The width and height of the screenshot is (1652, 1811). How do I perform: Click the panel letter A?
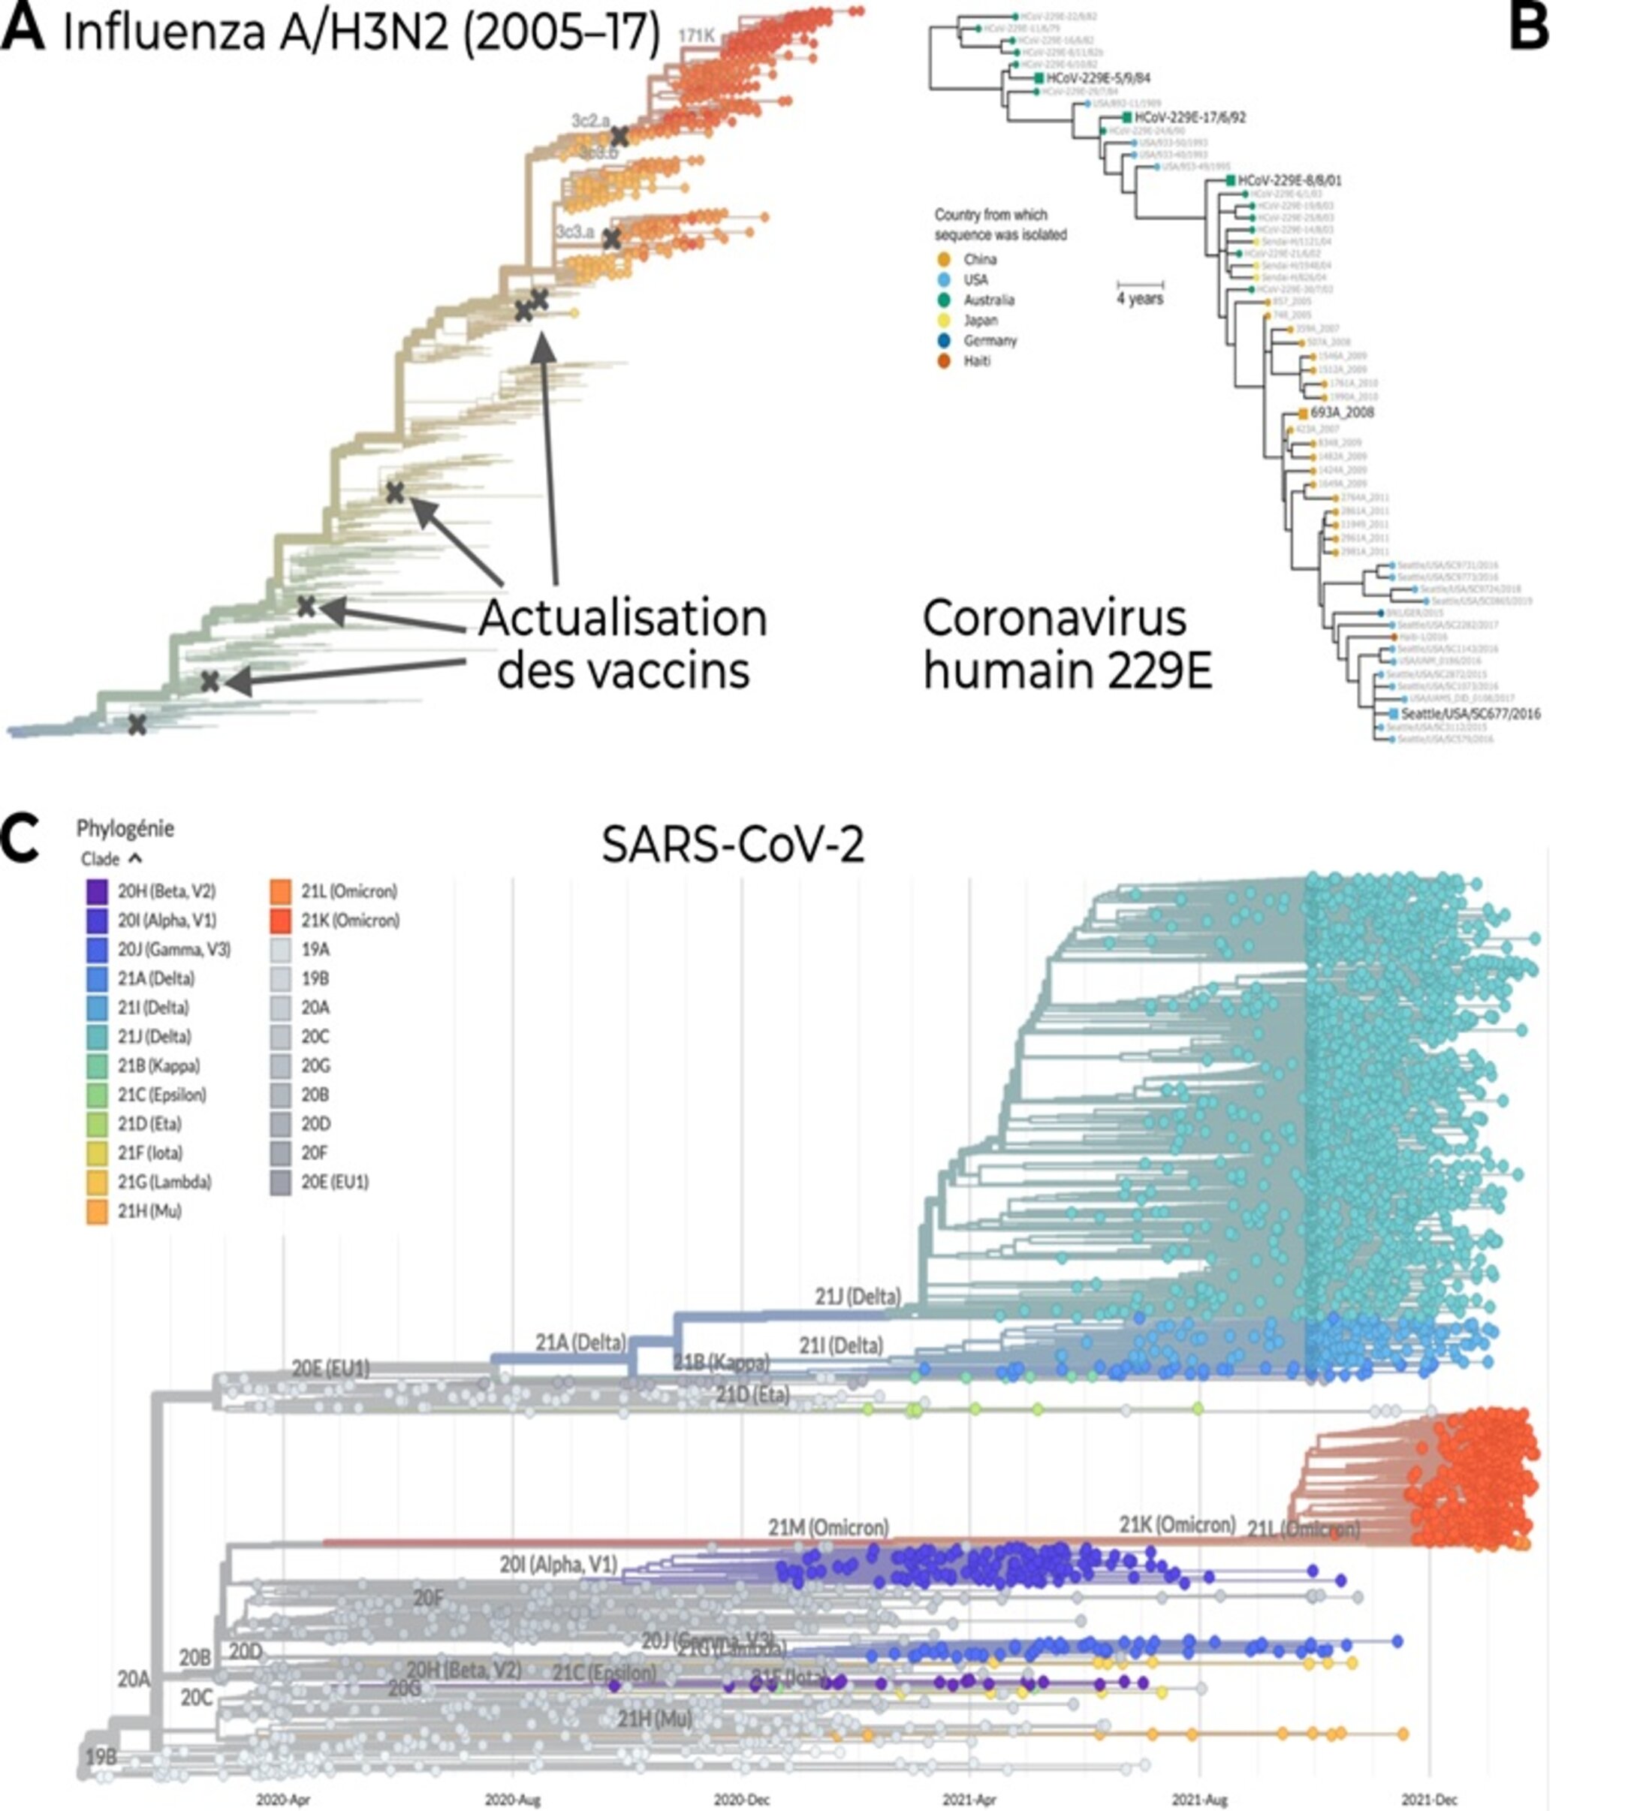[x=23, y=29]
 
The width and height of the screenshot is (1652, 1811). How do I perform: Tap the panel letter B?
[x=1528, y=29]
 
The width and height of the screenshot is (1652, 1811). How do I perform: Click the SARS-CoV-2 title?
[x=732, y=845]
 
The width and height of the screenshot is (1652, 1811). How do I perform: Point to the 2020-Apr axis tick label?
[x=283, y=1799]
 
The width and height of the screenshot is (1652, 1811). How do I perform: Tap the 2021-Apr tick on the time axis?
[x=970, y=1799]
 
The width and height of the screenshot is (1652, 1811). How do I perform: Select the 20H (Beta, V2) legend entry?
[x=166, y=891]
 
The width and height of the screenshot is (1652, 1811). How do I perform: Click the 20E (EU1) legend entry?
[x=334, y=1182]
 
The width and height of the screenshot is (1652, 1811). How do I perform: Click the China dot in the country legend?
[x=943, y=259]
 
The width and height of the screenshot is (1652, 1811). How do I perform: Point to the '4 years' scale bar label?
[x=1139, y=298]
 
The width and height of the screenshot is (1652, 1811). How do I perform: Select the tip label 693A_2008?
[x=1342, y=413]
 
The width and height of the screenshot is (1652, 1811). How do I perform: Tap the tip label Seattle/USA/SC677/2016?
[x=1470, y=713]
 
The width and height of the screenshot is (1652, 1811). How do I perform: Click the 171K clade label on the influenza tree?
[x=696, y=36]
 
